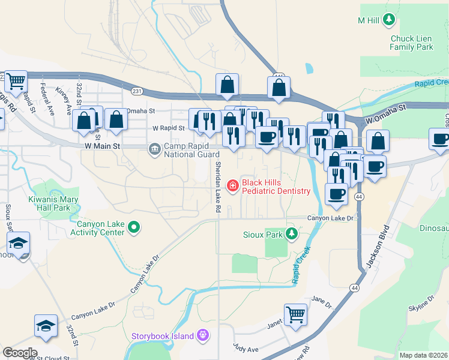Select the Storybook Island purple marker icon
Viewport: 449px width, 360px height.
click(203, 335)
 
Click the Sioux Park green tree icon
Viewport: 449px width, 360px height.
click(292, 233)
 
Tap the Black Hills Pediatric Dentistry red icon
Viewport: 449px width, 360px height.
click(231, 187)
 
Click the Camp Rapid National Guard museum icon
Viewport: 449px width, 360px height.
click(154, 148)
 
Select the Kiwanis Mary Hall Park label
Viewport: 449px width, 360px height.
click(53, 203)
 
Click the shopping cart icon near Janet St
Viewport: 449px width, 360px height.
click(295, 314)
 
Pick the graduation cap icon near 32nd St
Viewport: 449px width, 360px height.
click(46, 326)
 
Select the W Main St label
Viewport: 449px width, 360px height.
click(103, 146)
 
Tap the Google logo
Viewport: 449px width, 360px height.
click(20, 353)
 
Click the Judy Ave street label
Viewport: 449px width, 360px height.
click(245, 349)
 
